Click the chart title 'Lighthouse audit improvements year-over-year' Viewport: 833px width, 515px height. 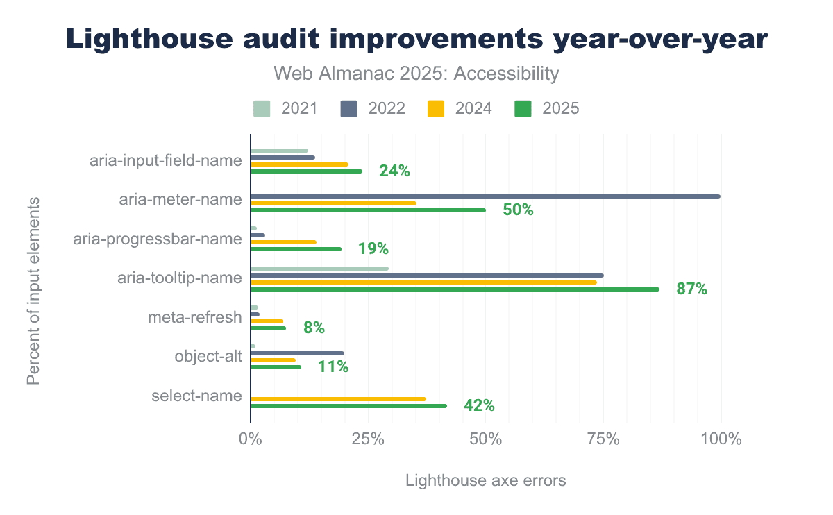[416, 40]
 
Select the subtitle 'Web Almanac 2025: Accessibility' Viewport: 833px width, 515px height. [416, 74]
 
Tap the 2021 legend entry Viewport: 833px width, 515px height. [285, 108]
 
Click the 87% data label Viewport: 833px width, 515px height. [691, 289]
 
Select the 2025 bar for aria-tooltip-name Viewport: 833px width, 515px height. [455, 289]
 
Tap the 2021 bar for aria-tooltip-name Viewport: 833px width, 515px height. [319, 268]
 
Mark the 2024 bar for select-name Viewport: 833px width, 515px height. [338, 399]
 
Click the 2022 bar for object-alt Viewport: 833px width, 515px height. [297, 353]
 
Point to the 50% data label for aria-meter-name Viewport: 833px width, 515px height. [518, 210]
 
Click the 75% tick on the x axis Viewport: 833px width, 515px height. [603, 439]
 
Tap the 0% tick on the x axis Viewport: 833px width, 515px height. [250, 439]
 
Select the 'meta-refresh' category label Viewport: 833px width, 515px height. [195, 318]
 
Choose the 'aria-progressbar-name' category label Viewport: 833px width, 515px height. [158, 239]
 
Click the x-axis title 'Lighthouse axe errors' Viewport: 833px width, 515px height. [485, 480]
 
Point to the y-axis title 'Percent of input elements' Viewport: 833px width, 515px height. [33, 291]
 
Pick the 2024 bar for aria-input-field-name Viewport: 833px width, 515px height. [299, 164]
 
